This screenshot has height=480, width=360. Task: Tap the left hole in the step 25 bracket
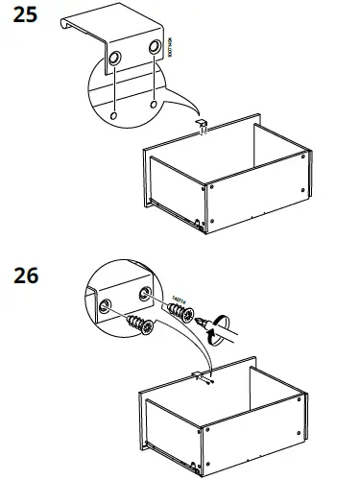click(x=115, y=59)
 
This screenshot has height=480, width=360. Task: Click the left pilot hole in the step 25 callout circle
click(x=114, y=114)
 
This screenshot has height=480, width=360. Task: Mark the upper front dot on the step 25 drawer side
click(x=207, y=189)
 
